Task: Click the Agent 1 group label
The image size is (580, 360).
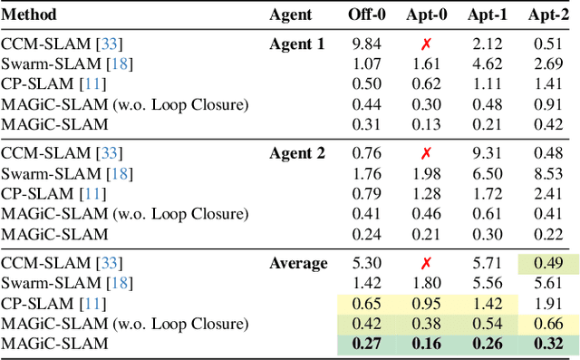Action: tap(296, 44)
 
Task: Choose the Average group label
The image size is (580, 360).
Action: tap(298, 264)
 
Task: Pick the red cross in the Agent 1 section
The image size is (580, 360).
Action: tap(423, 44)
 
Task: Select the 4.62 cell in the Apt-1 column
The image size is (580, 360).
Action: tap(487, 64)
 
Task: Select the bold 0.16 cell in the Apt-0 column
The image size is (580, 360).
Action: tap(423, 345)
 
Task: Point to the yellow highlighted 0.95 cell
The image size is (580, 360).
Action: tap(423, 304)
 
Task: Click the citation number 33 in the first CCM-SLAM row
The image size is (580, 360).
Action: tap(111, 44)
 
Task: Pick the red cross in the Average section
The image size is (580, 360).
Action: tap(423, 264)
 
